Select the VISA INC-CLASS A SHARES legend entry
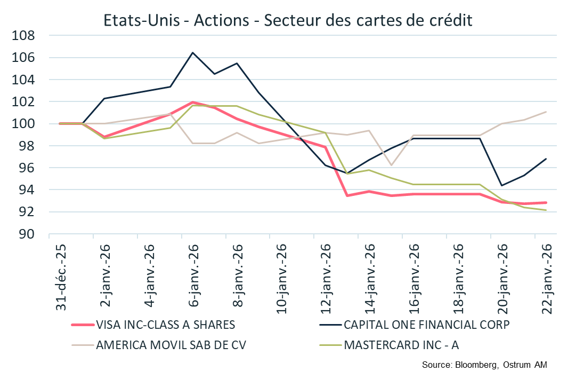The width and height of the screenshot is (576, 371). point(165,325)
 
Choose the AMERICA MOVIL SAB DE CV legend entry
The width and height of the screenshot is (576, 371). point(171,344)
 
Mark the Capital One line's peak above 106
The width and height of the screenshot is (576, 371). point(192,52)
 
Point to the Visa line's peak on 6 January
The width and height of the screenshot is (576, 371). point(192,102)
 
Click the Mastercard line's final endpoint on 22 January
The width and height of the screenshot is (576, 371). point(546,210)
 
